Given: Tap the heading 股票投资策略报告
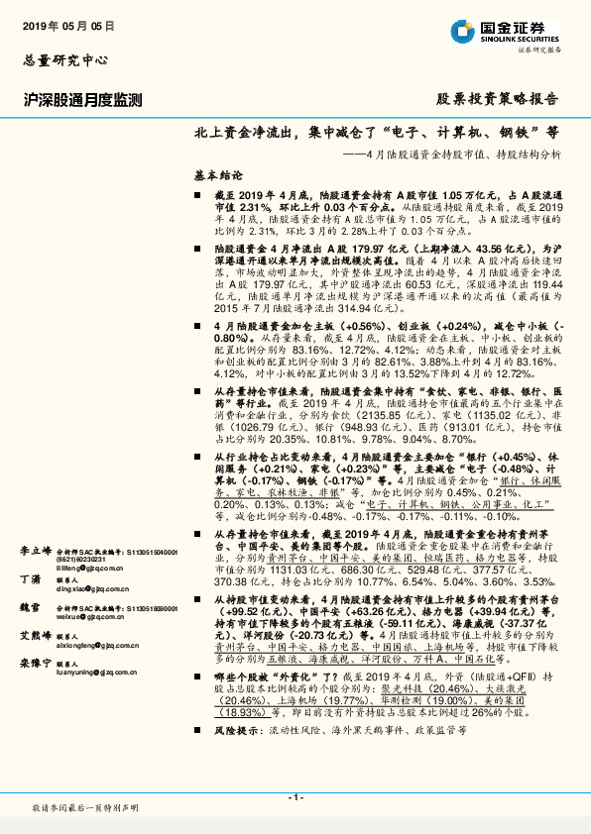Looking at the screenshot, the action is click(x=498, y=100).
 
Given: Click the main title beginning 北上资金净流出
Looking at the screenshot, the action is click(x=376, y=132).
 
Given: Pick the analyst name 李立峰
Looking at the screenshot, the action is click(x=36, y=549).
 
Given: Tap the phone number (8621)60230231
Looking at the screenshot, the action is click(x=82, y=560).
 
